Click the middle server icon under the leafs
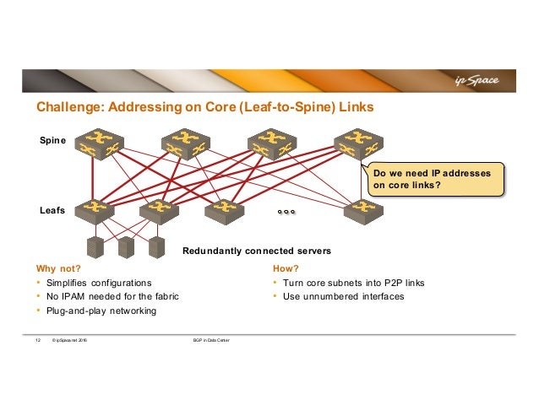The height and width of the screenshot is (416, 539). (126, 247)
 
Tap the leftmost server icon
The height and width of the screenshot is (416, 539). (96, 247)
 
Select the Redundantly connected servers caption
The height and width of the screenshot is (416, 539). (256, 251)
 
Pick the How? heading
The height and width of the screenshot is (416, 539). (285, 268)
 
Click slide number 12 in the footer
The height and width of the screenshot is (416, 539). (37, 340)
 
